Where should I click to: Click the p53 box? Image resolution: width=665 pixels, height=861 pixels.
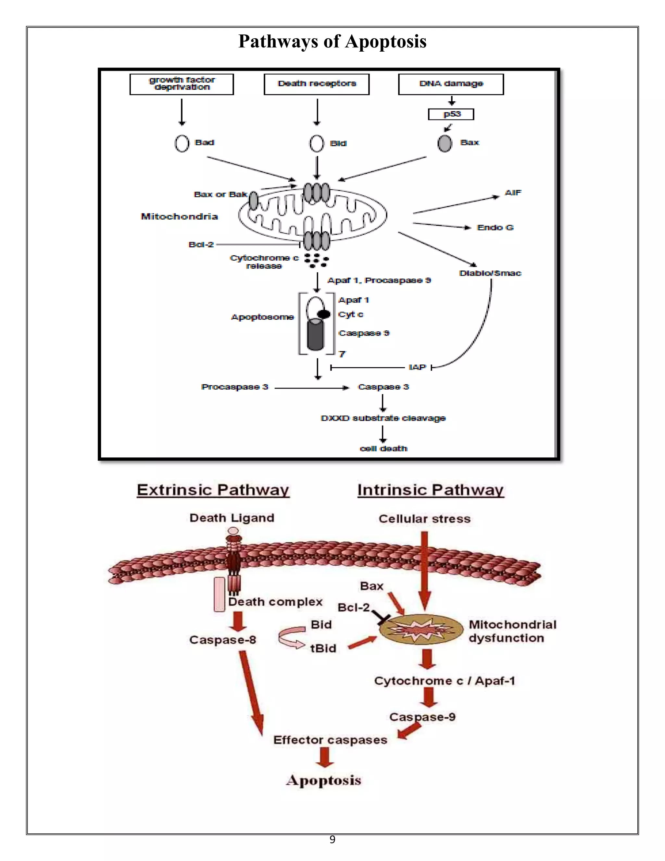pos(451,114)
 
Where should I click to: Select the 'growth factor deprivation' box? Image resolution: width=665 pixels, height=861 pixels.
pos(182,84)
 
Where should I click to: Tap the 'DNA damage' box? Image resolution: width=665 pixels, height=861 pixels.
pos(451,84)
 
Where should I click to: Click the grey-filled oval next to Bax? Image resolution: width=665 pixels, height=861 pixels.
pos(445,144)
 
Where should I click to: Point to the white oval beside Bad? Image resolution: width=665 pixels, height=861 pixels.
pos(182,144)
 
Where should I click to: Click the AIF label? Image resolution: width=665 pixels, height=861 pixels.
pos(513,193)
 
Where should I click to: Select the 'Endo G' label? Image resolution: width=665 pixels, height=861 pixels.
pos(495,227)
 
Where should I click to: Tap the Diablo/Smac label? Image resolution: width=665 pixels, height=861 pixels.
pos(490,273)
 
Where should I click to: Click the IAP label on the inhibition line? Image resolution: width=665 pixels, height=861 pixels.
pos(417,367)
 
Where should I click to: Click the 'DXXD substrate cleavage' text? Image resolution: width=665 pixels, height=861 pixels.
pos(383,418)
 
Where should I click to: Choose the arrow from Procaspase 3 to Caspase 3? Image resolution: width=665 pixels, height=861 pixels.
pos(311,388)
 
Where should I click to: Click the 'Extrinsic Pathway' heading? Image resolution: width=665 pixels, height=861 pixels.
pos(213,490)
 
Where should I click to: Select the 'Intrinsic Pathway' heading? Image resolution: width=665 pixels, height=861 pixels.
pos(431,490)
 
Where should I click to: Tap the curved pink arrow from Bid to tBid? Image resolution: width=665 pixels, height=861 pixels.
pos(290,637)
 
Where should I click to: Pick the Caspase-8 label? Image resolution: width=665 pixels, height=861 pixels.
pos(222,640)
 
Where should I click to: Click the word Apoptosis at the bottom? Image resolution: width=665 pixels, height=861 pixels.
pos(324,780)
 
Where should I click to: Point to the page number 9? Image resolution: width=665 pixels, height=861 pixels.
pos(332,840)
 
